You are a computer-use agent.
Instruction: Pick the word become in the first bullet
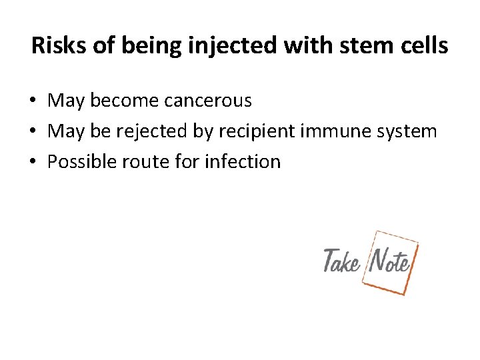pos(123,101)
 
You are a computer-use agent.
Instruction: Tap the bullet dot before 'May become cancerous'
pos(32,101)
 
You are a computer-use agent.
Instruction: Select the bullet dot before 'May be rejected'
pos(32,131)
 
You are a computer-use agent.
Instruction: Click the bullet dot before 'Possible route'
pos(32,161)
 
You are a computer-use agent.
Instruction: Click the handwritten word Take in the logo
pos(341,261)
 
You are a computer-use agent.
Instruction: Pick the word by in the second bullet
pos(201,131)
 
